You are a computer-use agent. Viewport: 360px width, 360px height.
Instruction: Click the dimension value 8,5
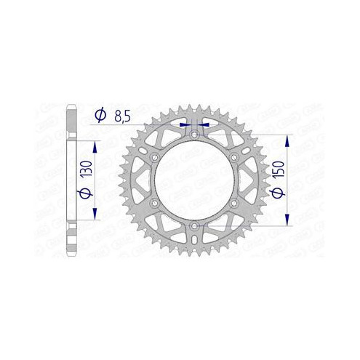tap(122, 114)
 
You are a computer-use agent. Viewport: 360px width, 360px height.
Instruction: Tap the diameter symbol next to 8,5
tap(100, 114)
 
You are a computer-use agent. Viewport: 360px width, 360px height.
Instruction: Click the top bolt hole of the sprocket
tap(195, 135)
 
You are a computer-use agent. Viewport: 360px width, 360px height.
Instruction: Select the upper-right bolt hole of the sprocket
tap(234, 158)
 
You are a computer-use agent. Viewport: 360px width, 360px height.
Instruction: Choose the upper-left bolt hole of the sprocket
tap(155, 158)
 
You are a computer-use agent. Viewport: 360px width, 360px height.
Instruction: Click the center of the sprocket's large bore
tap(195, 181)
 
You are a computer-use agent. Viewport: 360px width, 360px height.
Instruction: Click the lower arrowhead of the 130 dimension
tap(94, 217)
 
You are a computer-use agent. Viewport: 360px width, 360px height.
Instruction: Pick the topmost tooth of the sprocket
tap(195, 105)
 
